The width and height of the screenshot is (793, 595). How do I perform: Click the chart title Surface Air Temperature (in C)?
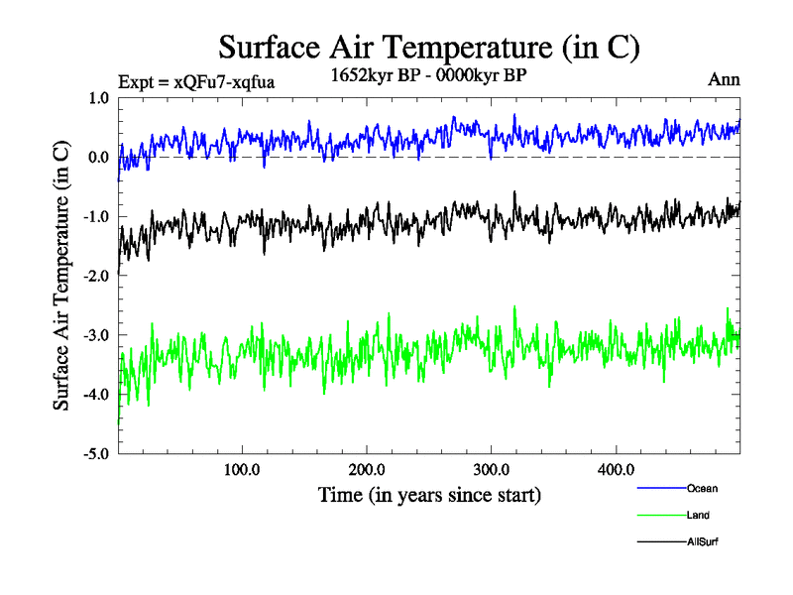[428, 47]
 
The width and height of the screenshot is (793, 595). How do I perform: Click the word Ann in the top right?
[724, 79]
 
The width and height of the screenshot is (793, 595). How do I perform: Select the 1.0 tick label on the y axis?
[98, 98]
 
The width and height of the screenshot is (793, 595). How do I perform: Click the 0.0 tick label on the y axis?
[98, 158]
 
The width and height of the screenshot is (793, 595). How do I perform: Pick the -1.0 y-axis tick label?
[96, 217]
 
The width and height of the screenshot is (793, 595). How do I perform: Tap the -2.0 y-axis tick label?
[96, 277]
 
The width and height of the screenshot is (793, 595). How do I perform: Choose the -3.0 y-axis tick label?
[96, 336]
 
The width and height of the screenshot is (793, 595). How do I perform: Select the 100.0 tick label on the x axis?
[242, 469]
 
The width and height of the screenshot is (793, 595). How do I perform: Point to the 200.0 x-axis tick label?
[367, 469]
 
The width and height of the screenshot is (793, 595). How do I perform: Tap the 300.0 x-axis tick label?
[492, 469]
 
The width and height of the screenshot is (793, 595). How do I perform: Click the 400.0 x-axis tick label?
[617, 469]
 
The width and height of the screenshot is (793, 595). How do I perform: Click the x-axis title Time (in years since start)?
[429, 493]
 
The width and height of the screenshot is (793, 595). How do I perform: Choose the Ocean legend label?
[702, 488]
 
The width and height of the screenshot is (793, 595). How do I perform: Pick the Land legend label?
[698, 515]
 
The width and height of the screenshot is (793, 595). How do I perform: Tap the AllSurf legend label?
[702, 541]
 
